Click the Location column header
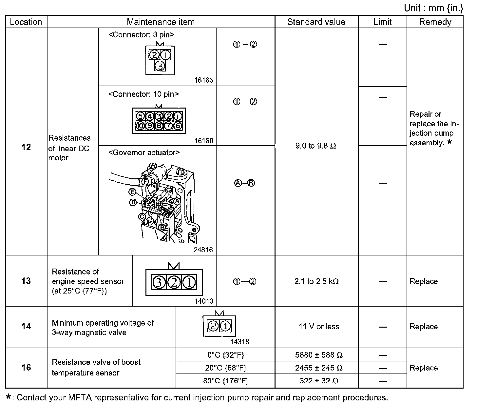click(x=26, y=22)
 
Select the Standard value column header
click(x=316, y=22)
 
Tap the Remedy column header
click(x=435, y=22)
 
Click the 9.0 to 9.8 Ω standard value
click(x=316, y=146)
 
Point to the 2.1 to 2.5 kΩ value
click(x=316, y=281)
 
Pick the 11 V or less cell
click(x=319, y=327)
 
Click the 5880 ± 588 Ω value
click(x=319, y=355)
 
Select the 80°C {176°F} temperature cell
click(x=226, y=381)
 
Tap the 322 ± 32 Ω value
click(x=319, y=381)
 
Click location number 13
click(x=26, y=281)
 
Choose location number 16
click(x=26, y=367)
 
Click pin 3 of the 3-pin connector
click(x=160, y=66)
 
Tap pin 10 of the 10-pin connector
click(x=140, y=125)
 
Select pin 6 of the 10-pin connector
click(x=178, y=125)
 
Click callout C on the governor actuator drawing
click(x=142, y=217)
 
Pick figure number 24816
click(x=203, y=250)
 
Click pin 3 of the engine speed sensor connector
click(x=159, y=282)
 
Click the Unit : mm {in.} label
click(x=433, y=8)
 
